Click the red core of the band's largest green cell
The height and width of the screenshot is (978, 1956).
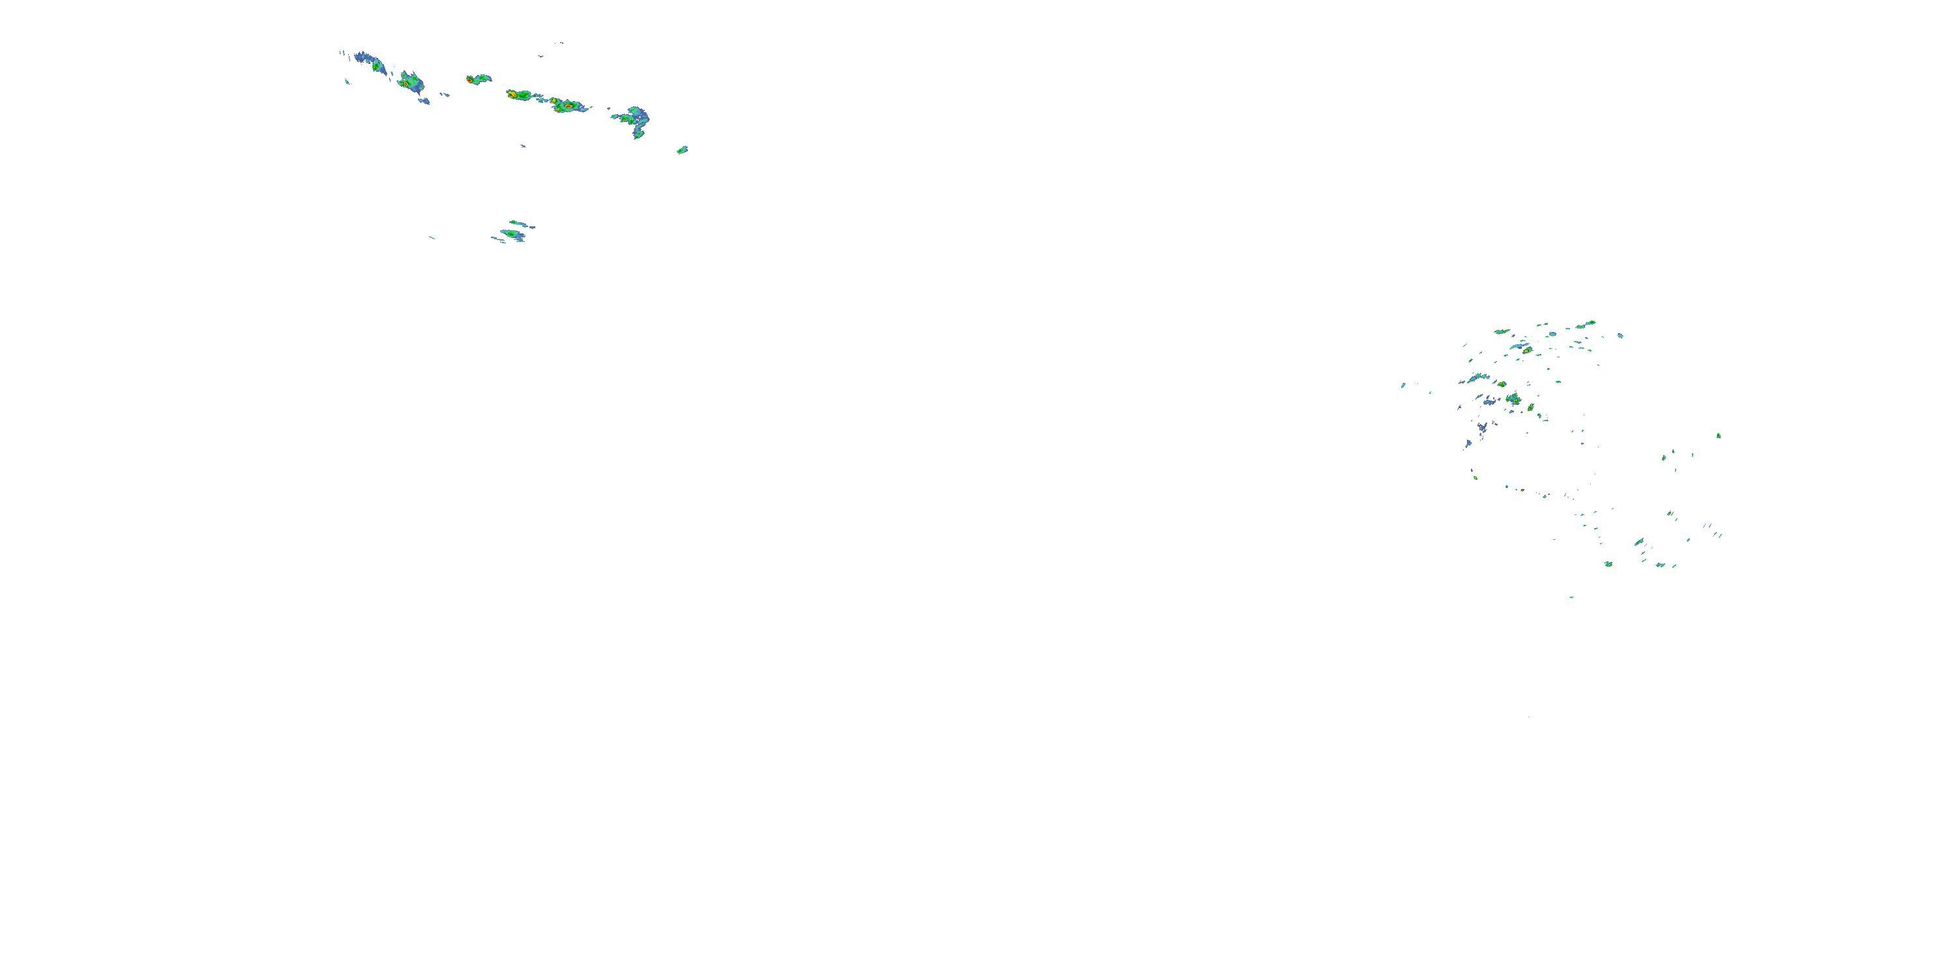point(567,106)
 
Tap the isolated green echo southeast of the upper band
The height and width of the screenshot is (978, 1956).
point(682,149)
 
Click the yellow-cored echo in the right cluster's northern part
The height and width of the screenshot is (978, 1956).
point(1526,350)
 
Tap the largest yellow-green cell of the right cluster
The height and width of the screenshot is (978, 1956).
point(1513,398)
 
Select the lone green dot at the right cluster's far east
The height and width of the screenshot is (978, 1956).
point(1718,435)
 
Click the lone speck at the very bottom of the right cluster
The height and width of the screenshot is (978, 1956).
point(1571,597)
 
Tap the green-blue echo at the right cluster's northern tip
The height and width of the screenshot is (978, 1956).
point(1590,323)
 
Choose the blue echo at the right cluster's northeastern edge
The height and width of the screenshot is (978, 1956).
point(1620,335)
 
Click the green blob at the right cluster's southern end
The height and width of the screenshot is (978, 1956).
point(1608,563)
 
